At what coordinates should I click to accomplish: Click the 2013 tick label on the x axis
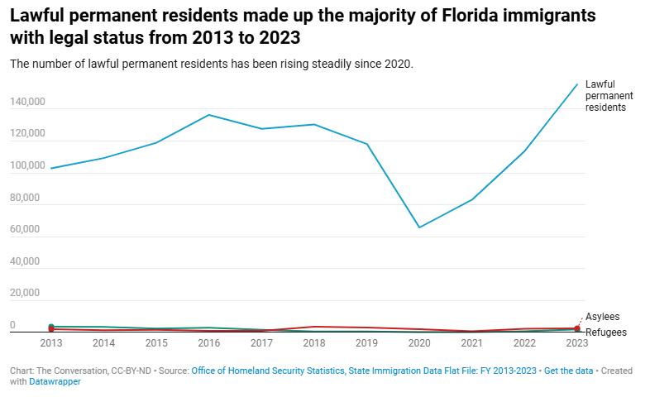coord(51,342)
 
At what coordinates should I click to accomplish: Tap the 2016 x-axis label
coord(209,342)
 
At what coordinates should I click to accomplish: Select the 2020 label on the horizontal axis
coord(419,342)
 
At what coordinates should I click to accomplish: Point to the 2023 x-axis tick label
coord(577,342)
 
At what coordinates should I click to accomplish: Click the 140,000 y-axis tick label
coord(25,103)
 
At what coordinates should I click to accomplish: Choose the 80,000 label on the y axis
coord(25,198)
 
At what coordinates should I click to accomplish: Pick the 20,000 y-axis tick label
coord(25,293)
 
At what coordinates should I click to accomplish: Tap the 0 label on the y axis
coord(12,325)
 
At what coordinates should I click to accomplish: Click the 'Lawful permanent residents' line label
coord(605,96)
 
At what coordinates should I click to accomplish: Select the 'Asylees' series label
coord(602,317)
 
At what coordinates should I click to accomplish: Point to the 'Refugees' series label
coord(605,332)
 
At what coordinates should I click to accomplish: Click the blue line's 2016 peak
coord(209,115)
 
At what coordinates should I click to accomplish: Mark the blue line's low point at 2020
coord(419,227)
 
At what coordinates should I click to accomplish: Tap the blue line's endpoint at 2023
coord(577,84)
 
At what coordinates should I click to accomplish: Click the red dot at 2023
coord(577,329)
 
